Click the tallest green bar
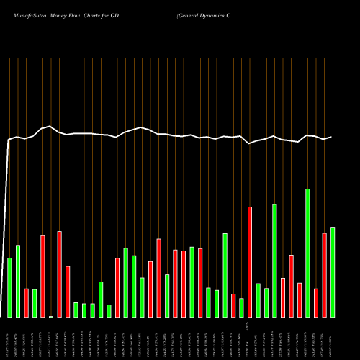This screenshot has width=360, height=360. click(308, 253)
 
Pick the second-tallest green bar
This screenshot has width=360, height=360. click(274, 261)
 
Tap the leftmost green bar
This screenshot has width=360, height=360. click(9, 287)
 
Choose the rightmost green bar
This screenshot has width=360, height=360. click(333, 272)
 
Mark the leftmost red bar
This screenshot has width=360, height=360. click(26, 303)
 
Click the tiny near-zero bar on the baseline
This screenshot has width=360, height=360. click(51, 316)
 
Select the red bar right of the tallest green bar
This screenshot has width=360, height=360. click(316, 303)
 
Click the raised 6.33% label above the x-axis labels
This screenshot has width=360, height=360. click(248, 326)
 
